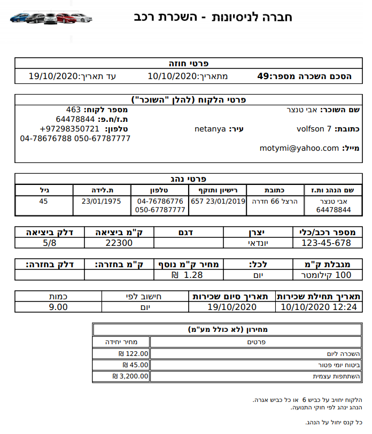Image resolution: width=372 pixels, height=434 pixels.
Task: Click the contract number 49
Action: click(262, 76)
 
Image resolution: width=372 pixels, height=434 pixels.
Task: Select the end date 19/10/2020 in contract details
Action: click(53, 76)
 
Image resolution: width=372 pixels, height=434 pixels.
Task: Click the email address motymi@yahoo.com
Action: click(299, 148)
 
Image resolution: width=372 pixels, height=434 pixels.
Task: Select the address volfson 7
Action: click(314, 129)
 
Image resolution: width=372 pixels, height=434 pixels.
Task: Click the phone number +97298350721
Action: click(69, 129)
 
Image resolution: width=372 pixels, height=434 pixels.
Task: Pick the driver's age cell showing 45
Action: click(44, 201)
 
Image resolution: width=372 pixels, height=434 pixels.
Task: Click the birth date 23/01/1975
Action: click(101, 201)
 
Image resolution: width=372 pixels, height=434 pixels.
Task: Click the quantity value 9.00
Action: click(58, 307)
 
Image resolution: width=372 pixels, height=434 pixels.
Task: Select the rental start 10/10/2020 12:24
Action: click(311, 307)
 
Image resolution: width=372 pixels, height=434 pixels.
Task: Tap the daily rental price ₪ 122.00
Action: click(133, 354)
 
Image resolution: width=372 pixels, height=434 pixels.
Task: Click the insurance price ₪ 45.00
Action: click(135, 365)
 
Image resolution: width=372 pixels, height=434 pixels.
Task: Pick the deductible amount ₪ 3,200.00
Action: click(130, 376)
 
